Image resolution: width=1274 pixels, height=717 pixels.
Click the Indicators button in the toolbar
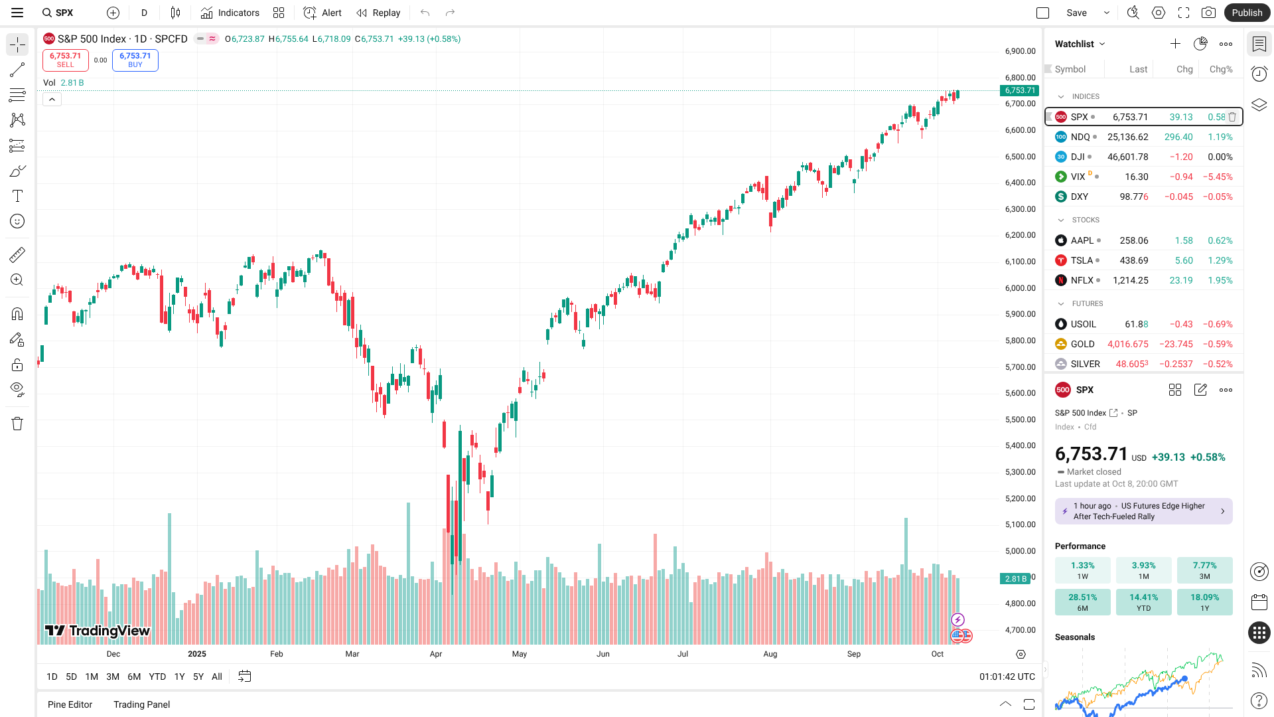click(x=230, y=13)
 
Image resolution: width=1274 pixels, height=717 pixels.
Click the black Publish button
click(x=1247, y=13)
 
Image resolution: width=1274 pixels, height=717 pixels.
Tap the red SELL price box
click(x=65, y=60)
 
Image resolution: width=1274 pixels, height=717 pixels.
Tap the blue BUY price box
click(x=135, y=60)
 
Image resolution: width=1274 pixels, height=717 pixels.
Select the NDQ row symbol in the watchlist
click(x=1080, y=137)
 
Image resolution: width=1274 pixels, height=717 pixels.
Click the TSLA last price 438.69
click(x=1134, y=260)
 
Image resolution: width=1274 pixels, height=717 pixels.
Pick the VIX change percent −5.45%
click(x=1218, y=177)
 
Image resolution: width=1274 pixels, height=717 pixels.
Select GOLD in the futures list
click(x=1082, y=344)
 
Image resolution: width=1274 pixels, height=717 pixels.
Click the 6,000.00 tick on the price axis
click(x=1020, y=288)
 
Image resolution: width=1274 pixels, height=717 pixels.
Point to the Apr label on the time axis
click(x=436, y=654)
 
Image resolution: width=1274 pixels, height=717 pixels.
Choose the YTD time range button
click(x=157, y=677)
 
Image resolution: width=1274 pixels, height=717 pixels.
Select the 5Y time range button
click(x=198, y=677)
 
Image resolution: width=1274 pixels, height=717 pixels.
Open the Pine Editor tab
click(x=70, y=704)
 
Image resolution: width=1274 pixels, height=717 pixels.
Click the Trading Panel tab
click(x=141, y=704)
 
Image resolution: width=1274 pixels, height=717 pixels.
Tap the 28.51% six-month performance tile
click(x=1082, y=601)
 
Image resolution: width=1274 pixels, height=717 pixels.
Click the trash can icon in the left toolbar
click(x=17, y=424)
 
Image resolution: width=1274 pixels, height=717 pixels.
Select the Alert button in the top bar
click(x=322, y=13)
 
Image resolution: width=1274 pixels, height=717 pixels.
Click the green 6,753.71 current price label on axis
click(x=1019, y=90)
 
